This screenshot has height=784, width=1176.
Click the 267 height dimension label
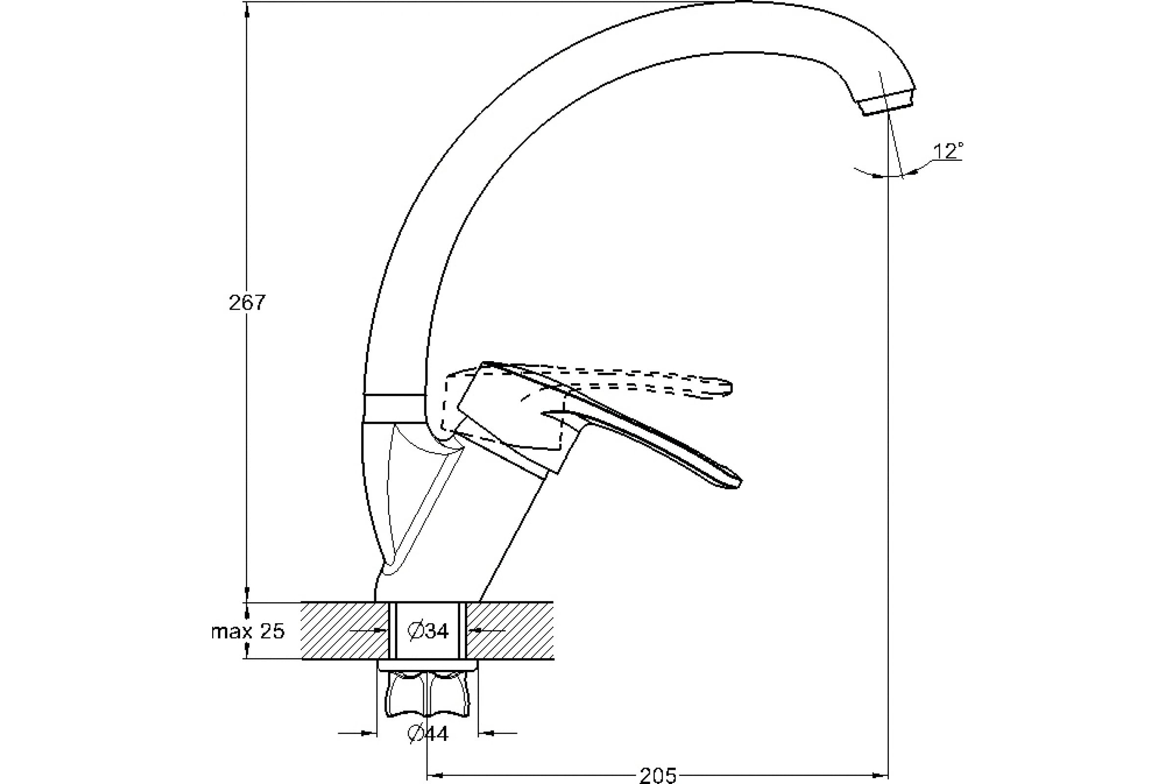(x=246, y=303)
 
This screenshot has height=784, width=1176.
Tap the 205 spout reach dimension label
(x=658, y=775)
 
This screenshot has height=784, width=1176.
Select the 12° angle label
(x=948, y=151)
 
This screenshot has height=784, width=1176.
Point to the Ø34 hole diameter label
(x=428, y=631)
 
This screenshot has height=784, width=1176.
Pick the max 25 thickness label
(x=248, y=632)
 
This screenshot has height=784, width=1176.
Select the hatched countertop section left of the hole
(x=345, y=631)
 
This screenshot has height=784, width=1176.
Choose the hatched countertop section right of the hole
(x=510, y=631)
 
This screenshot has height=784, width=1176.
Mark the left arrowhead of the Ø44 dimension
(x=370, y=748)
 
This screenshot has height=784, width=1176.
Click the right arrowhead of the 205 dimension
(x=882, y=776)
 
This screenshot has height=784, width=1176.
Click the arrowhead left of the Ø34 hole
(x=384, y=631)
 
